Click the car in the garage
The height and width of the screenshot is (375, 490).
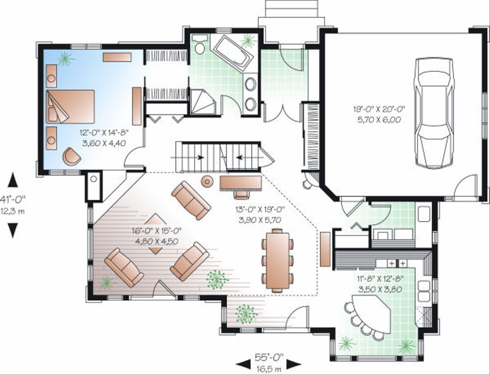pyautogui.click(x=434, y=113)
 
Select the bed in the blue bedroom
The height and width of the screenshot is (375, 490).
pyautogui.click(x=70, y=106)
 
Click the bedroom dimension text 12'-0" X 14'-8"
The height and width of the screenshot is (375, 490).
pyautogui.click(x=104, y=137)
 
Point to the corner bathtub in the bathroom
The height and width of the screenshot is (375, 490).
pyautogui.click(x=233, y=53)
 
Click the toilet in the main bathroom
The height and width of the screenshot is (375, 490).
pyautogui.click(x=200, y=44)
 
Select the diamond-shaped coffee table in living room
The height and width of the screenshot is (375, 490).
pyautogui.click(x=156, y=234)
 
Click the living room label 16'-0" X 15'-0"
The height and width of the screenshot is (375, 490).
pyautogui.click(x=157, y=236)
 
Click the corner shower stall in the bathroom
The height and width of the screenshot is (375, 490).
pyautogui.click(x=202, y=102)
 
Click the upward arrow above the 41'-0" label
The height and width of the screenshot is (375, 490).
pyautogui.click(x=13, y=180)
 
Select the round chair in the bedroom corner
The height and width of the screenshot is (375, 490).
pyautogui.click(x=71, y=156)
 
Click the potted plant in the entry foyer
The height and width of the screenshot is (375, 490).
pyautogui.click(x=246, y=314)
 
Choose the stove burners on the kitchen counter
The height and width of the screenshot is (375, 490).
pyautogui.click(x=397, y=263)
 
